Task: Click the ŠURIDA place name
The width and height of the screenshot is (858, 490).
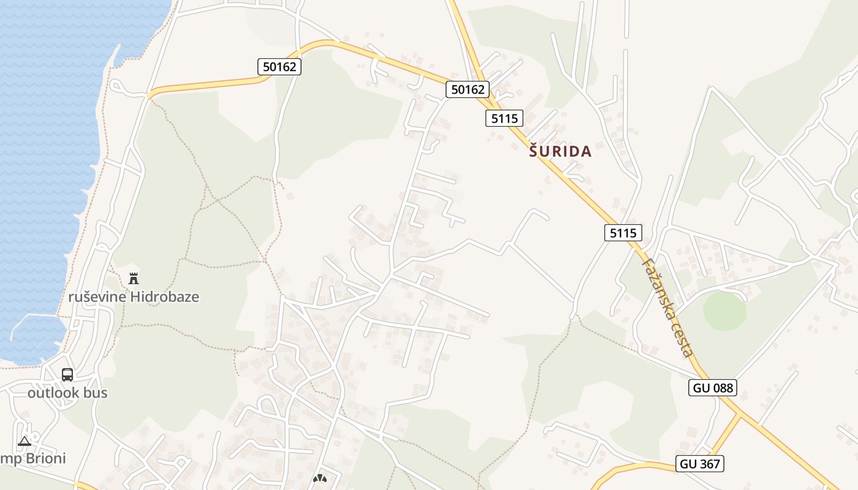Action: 560,152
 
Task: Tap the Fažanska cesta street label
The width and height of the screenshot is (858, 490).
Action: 667,307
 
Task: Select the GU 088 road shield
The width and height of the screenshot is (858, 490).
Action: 712,387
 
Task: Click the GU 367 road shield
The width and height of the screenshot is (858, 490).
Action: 700,464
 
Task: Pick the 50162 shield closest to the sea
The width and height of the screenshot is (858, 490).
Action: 279,67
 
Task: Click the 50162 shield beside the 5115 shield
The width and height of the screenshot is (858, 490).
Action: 468,89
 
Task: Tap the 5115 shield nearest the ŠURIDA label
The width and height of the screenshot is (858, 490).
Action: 504,118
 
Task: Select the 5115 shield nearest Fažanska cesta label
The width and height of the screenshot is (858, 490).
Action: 623,233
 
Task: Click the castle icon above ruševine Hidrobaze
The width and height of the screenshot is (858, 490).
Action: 134,279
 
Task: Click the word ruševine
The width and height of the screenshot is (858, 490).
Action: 97,297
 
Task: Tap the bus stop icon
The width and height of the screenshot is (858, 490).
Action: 67,374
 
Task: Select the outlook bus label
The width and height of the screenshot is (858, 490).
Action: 67,393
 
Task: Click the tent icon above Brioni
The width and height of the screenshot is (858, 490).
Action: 24,441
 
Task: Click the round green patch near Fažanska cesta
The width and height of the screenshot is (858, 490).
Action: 724,312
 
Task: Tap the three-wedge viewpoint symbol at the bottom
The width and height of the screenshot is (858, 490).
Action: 319,478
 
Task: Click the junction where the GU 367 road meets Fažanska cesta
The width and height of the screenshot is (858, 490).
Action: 740,417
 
